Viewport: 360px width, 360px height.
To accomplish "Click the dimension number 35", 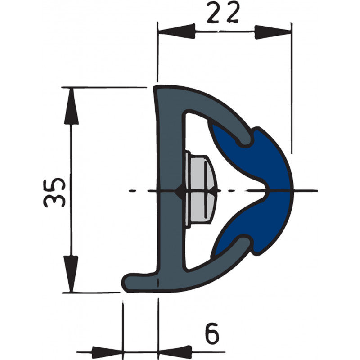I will (x=55, y=192).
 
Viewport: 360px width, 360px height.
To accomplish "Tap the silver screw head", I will (x=201, y=189).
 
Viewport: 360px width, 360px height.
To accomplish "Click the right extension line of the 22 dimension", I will (x=292, y=90).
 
